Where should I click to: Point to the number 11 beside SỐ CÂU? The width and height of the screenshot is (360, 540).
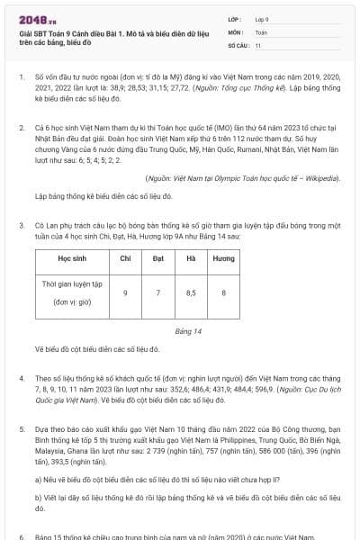pyautogui.click(x=258, y=44)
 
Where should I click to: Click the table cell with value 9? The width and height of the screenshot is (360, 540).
pyautogui.click(x=125, y=292)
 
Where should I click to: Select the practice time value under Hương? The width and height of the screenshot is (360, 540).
pyautogui.click(x=223, y=292)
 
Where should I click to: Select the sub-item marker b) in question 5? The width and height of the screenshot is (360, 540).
pyautogui.click(x=38, y=497)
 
